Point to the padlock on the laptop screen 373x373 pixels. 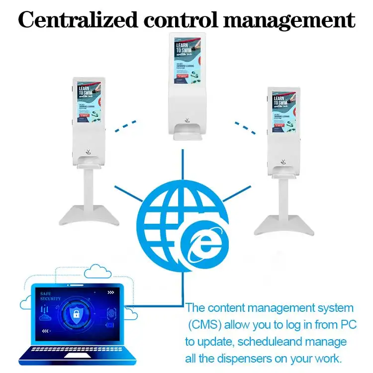[x=76, y=314]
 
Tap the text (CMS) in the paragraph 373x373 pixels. [x=204, y=325]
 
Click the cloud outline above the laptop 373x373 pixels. [x=97, y=272]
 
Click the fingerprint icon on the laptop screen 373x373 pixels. [x=111, y=314]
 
